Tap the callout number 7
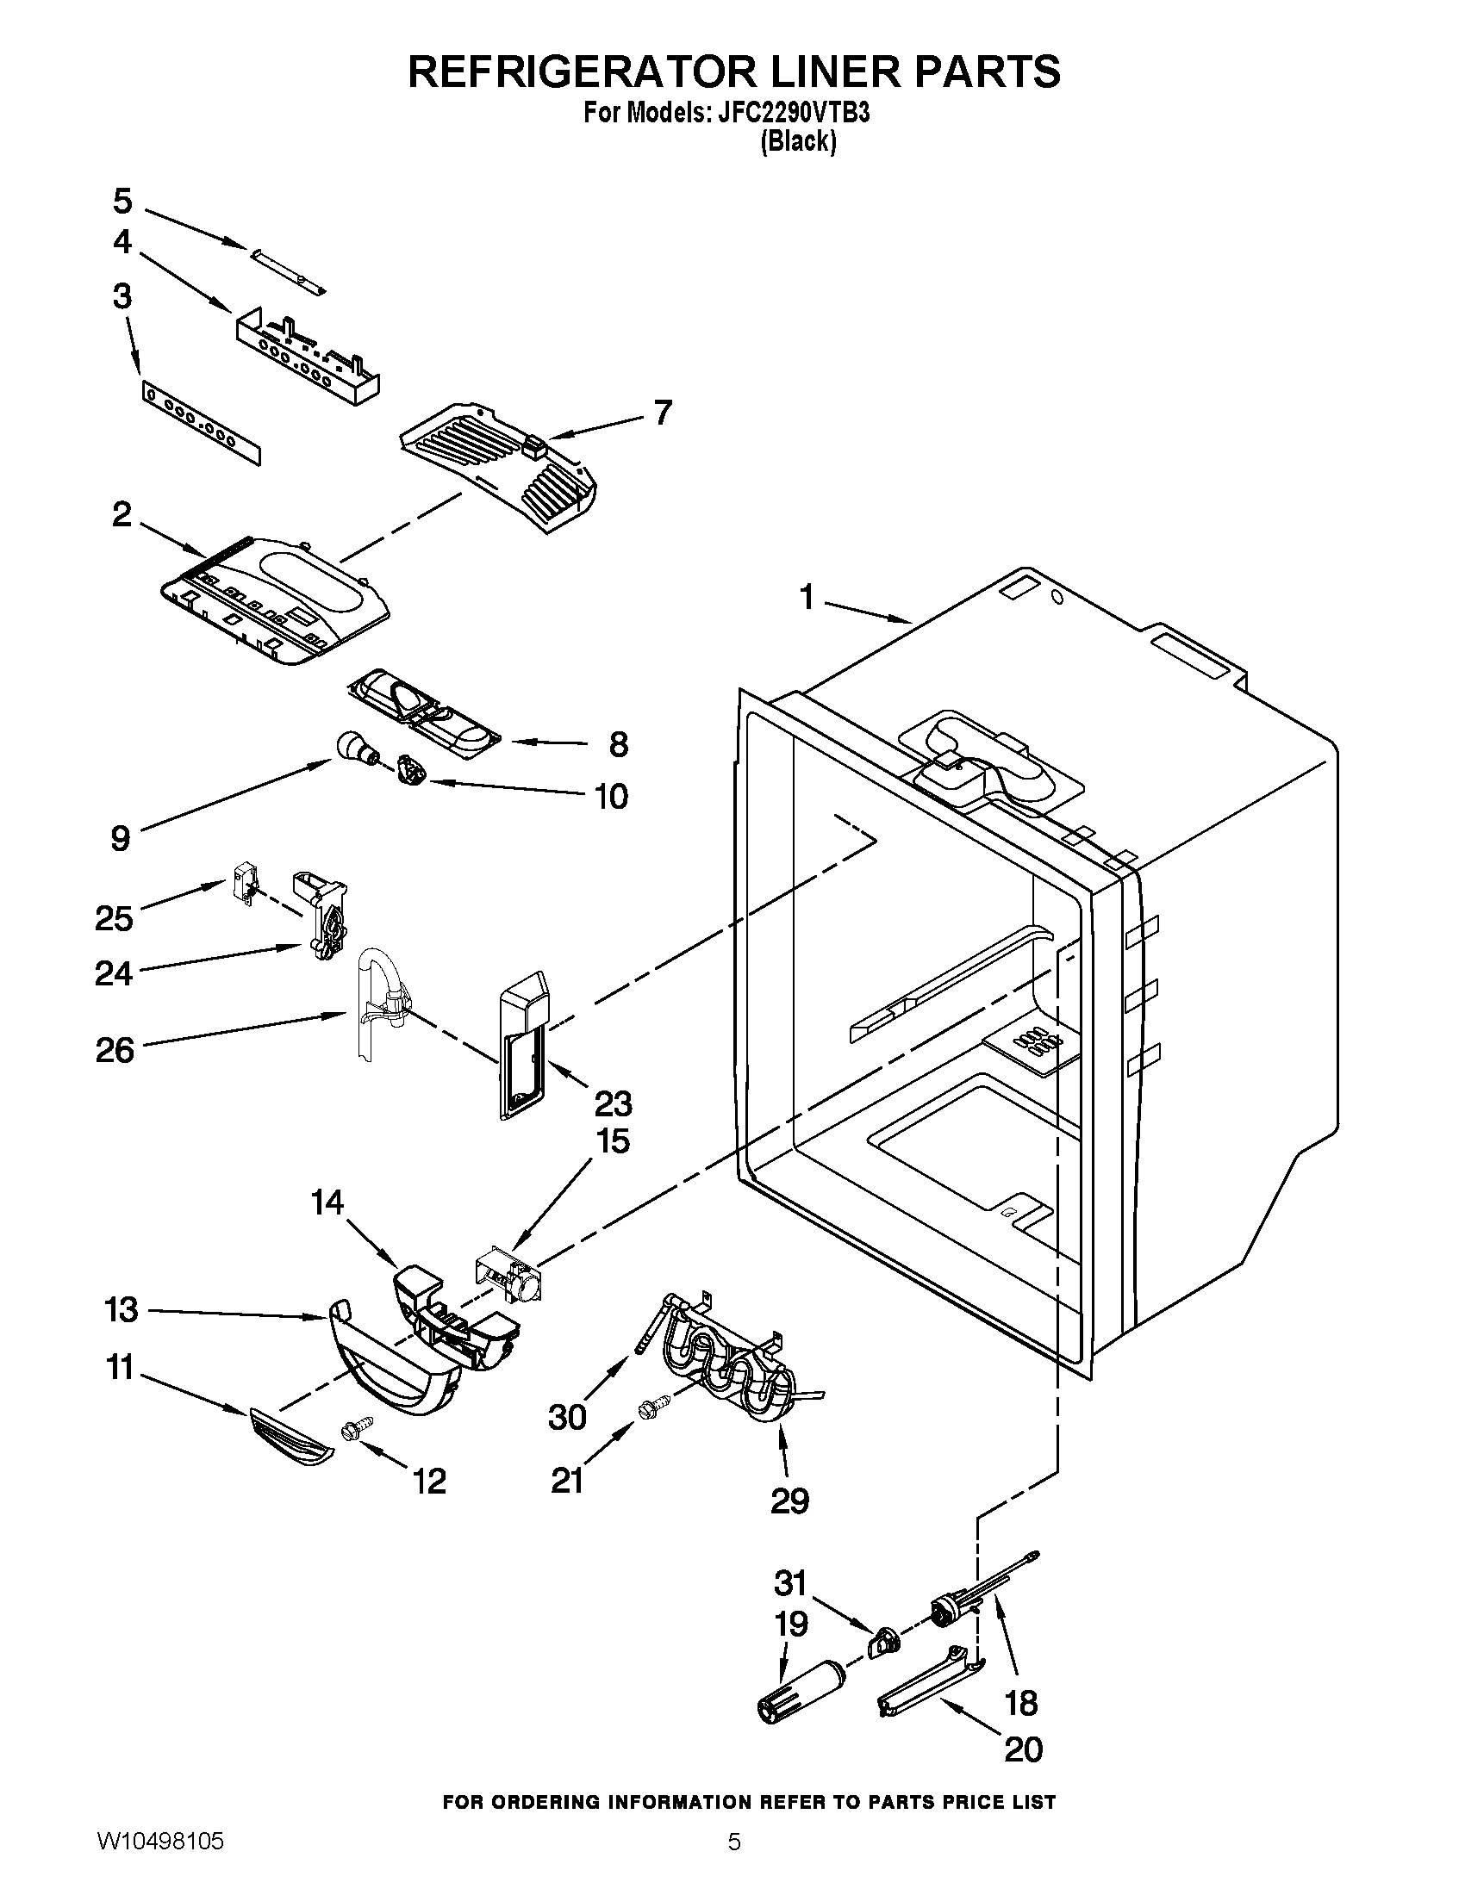tap(663, 413)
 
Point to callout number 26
tap(115, 1051)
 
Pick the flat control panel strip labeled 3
tap(201, 427)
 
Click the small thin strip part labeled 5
tap(287, 270)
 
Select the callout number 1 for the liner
tap(807, 598)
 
